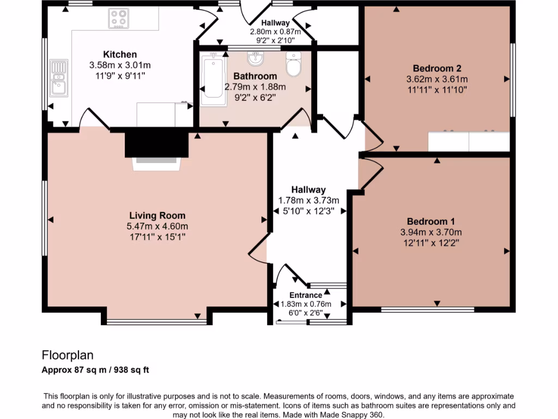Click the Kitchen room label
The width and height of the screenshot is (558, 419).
pos(120,54)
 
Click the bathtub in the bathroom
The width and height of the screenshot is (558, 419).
pos(212,81)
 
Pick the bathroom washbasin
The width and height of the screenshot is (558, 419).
pos(255,57)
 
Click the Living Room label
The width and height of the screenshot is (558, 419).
pos(157,216)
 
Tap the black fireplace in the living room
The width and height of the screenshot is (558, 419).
pos(156,145)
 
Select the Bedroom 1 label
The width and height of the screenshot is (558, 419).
pos(430,222)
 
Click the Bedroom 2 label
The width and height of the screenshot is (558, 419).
pos(437,68)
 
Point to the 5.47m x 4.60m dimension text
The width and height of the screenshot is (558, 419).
pos(157,226)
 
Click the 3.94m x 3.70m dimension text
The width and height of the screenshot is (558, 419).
pos(430,232)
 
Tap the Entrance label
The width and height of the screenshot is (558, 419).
pos(306,295)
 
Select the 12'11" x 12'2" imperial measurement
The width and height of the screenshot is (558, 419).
pos(430,243)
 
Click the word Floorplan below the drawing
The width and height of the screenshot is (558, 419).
pos(68,356)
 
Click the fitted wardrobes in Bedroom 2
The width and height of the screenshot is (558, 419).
pos(469,141)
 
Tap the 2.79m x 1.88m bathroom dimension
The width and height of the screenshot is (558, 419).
pos(255,87)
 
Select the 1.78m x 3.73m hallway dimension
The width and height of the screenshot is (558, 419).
pos(308,200)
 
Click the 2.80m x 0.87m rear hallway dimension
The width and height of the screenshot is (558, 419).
pos(275,32)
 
